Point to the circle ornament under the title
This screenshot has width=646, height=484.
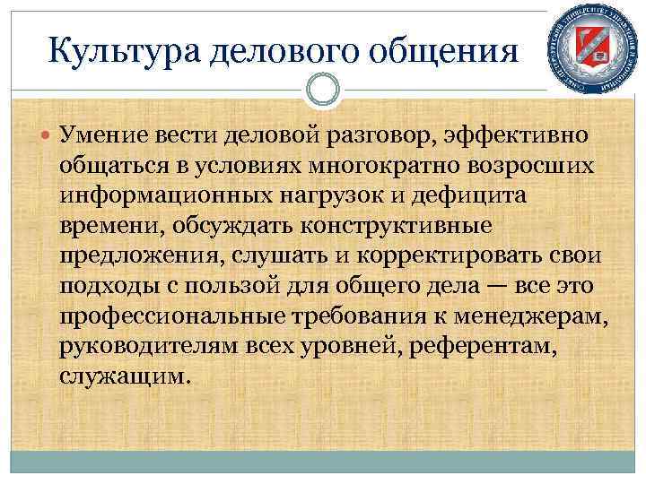tap(322, 90)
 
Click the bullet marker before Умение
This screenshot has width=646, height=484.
tap(47, 136)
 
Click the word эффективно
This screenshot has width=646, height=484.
tap(511, 135)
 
